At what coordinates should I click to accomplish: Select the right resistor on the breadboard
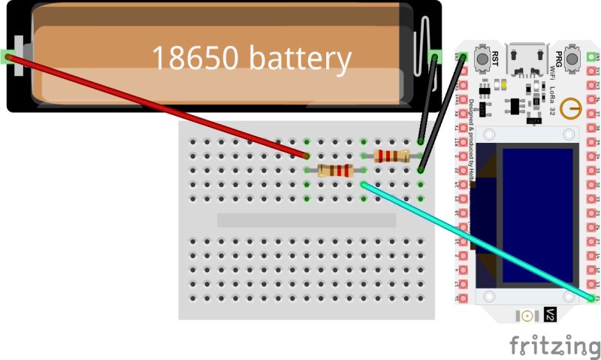tap(391, 156)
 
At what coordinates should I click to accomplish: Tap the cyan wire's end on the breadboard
tap(364, 184)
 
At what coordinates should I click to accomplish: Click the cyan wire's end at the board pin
tap(593, 298)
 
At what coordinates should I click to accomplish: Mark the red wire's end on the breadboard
tap(307, 156)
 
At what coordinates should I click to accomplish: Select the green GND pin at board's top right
tap(593, 56)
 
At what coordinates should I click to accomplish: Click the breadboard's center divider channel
tap(306, 220)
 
